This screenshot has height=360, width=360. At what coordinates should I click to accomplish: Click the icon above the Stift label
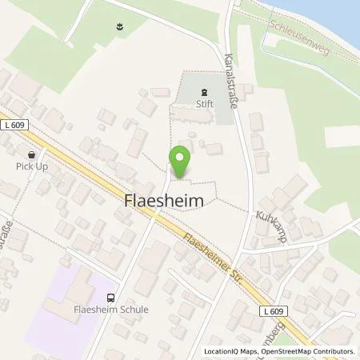pos(203,92)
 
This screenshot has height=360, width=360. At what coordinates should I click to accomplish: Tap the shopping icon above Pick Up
pos(31,154)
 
